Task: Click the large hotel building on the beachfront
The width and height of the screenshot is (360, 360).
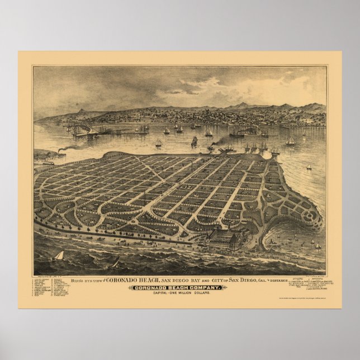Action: click(x=224, y=240)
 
